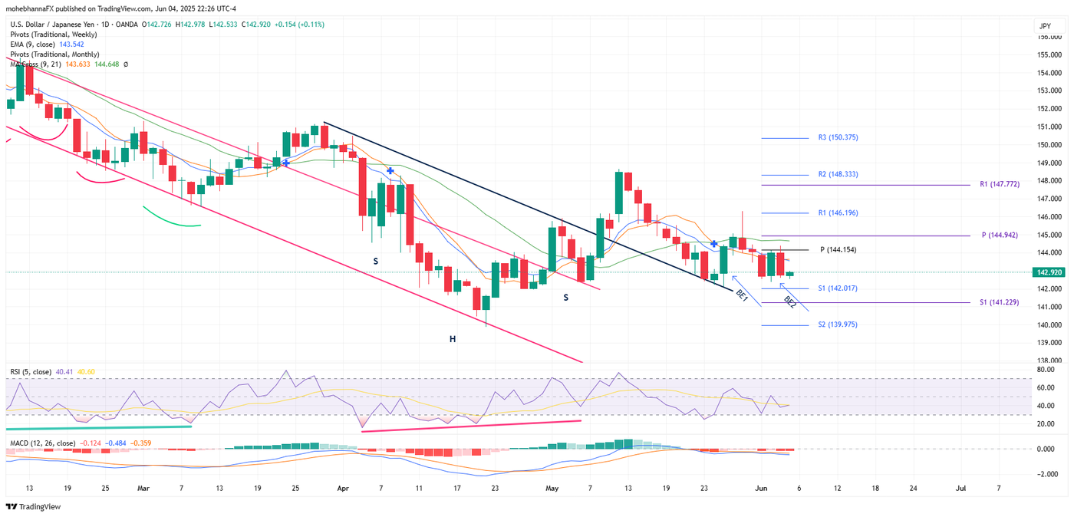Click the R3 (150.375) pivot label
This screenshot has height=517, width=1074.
tap(838, 138)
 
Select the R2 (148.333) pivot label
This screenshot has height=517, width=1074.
tap(838, 175)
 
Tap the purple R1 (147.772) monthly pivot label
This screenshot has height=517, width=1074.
tap(1000, 185)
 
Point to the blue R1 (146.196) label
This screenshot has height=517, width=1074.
tap(838, 212)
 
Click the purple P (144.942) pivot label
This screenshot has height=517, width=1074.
tap(1000, 235)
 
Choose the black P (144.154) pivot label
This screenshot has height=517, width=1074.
tap(838, 250)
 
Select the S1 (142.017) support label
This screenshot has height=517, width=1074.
tap(838, 288)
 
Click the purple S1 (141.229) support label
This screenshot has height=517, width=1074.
tap(1000, 303)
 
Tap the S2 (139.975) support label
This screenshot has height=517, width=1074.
tap(838, 325)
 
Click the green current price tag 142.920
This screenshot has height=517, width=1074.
tap(1048, 272)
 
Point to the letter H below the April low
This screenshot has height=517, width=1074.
tap(453, 338)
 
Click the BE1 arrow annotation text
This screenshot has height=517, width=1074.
tap(742, 294)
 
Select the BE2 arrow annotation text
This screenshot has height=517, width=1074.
tap(790, 302)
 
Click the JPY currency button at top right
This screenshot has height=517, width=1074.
tap(1045, 26)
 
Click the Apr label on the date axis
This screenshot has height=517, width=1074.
tap(343, 488)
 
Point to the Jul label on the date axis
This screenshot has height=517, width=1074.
tap(960, 488)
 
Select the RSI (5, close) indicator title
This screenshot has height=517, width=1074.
tap(31, 372)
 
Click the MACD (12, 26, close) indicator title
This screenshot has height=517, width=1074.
tap(42, 443)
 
